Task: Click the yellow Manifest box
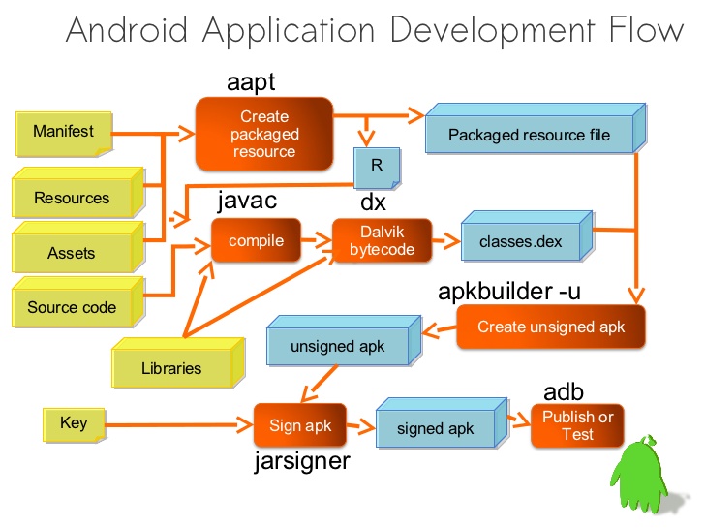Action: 64,132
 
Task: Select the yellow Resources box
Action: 72,198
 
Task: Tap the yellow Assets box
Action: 72,253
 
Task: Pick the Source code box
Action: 72,307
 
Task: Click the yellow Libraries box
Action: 171,368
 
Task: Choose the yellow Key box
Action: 74,423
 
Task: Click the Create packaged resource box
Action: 264,134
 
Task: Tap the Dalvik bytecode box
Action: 382,240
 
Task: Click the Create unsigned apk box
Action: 550,327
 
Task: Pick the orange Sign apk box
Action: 299,425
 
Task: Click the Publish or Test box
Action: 577,425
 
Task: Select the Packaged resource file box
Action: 529,135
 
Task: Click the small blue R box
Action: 376,167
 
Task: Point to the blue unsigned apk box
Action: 337,347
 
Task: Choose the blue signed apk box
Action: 435,428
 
